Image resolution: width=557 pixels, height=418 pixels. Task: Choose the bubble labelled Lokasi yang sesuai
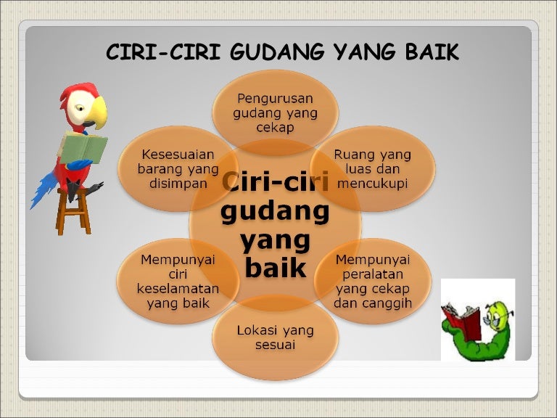coord(275,337)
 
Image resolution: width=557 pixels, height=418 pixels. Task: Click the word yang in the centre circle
coord(275,240)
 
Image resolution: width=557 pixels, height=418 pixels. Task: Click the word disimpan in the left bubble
coord(178,184)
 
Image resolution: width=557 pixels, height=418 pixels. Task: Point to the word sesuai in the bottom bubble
coord(275,345)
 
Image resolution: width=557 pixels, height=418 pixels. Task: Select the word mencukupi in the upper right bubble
coord(373,184)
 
